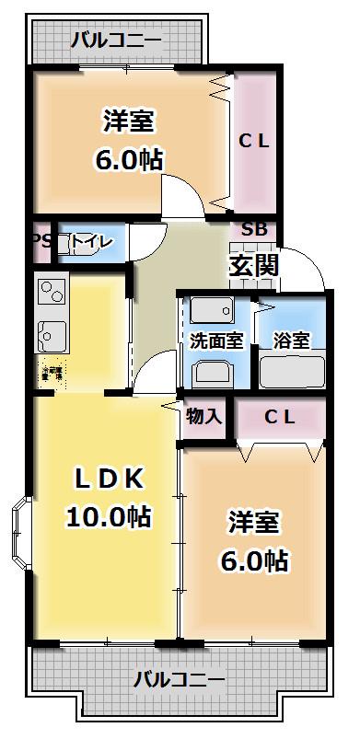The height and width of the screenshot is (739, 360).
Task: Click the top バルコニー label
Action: point(117,40)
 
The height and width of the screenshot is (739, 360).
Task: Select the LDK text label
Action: point(109,479)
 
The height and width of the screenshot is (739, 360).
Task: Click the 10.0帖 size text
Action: point(109,516)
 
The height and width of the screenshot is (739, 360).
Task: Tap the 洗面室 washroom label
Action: point(216,340)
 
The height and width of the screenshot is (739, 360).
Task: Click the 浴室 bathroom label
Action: point(291,340)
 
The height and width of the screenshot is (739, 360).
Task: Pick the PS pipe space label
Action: point(41,242)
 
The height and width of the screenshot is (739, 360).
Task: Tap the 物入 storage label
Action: point(204,416)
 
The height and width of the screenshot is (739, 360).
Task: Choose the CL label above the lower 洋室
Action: point(280,416)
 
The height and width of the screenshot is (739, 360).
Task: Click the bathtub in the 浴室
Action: point(291,371)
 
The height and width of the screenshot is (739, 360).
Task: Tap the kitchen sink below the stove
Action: point(50,331)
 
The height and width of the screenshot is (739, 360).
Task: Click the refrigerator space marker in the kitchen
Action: point(52,374)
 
